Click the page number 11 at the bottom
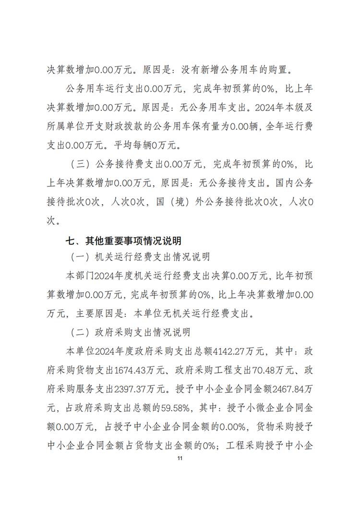(180, 459)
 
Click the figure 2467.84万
(293, 389)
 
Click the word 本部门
(80, 276)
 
